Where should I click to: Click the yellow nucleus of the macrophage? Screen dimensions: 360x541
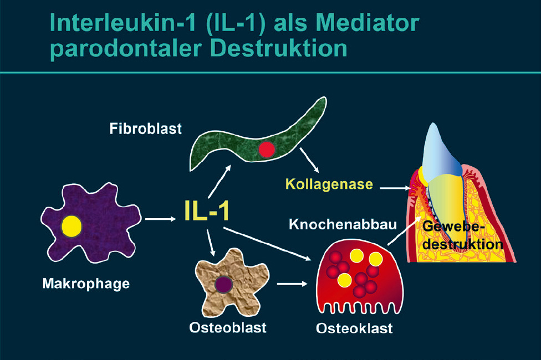[x=72, y=227]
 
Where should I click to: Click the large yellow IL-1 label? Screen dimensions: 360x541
[x=206, y=212]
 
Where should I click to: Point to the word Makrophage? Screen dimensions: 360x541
[x=86, y=284]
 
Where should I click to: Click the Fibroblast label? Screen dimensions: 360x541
[x=145, y=130]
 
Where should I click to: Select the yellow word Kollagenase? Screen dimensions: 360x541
[x=329, y=184]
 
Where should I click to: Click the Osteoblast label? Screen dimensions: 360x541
[x=228, y=327]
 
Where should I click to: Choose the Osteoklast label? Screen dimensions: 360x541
[x=354, y=328]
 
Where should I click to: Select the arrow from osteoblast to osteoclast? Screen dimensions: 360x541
[x=292, y=284]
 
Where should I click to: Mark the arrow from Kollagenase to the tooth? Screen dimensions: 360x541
[x=396, y=188]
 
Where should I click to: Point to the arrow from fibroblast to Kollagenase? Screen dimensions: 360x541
[x=309, y=160]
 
